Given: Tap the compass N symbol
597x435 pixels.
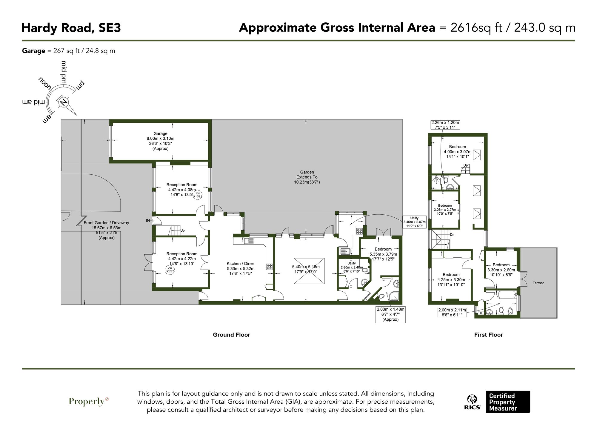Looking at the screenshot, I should (63, 102).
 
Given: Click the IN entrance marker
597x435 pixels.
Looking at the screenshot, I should (148, 221).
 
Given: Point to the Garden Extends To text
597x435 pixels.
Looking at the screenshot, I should (307, 177).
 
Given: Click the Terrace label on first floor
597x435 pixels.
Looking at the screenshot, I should (538, 283).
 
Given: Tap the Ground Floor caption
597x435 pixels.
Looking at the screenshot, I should (231, 335).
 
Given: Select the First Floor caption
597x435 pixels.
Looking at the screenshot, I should (488, 335).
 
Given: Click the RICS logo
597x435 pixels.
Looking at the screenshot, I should (472, 402).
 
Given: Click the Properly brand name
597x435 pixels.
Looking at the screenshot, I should (87, 401).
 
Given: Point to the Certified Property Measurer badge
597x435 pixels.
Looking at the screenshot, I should (507, 402).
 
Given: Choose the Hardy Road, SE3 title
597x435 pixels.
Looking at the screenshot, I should (71, 28).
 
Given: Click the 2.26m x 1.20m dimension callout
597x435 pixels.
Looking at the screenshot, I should (445, 124).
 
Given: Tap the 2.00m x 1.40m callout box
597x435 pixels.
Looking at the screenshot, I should (390, 314).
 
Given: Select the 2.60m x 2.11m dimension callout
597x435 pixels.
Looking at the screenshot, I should (452, 312).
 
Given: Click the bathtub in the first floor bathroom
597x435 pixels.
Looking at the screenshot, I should (507, 295).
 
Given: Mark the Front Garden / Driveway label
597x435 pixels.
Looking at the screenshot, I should (106, 230).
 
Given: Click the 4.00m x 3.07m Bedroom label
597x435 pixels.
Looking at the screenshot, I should (457, 151).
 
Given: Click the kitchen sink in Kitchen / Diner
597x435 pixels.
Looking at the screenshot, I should (249, 241).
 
